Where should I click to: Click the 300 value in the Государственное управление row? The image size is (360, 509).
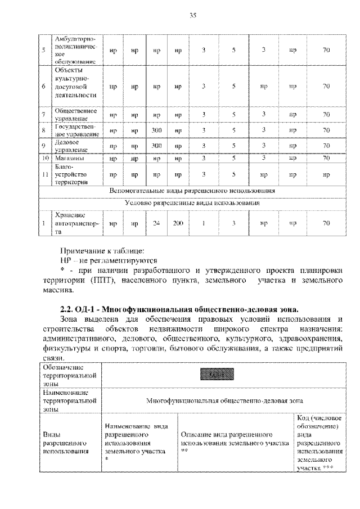click(x=157, y=130)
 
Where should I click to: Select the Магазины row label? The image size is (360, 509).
click(x=70, y=158)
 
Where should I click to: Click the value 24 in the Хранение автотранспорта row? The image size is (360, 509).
click(x=157, y=223)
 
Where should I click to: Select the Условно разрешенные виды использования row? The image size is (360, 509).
click(x=192, y=202)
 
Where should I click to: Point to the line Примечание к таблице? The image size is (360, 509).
click(x=102, y=250)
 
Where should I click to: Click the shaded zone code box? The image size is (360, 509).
click(x=216, y=374)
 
